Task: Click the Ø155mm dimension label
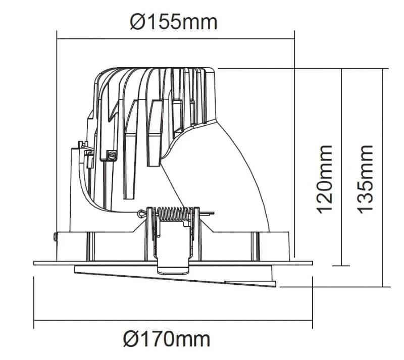173,22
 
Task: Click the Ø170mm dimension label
167,339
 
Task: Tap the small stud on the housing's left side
55,237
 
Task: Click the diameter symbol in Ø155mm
136,22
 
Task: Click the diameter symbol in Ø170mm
130,339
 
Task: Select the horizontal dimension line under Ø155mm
175,39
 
